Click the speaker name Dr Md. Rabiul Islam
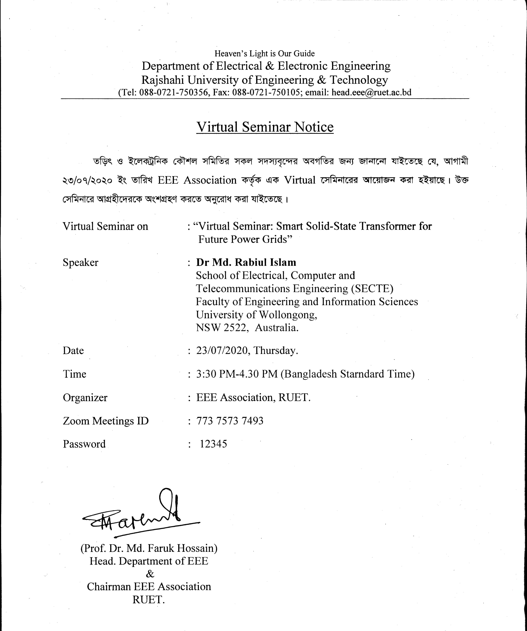pyautogui.click(x=246, y=262)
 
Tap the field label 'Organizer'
pyautogui.click(x=85, y=398)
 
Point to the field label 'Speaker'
pyautogui.click(x=80, y=262)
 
